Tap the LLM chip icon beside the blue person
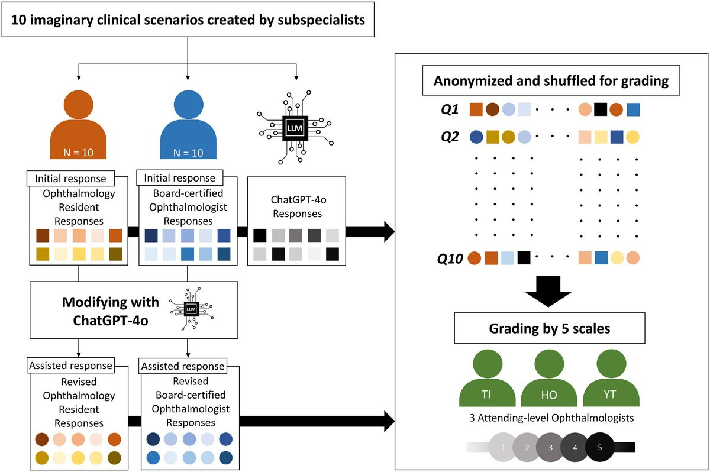coord(293,129)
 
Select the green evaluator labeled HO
coord(548,379)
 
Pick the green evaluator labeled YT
coord(611,379)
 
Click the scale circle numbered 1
coord(503,447)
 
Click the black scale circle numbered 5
coord(599,447)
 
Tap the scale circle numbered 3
coord(550,447)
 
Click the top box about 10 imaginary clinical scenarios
coord(188,22)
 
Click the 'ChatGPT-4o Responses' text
coord(295,206)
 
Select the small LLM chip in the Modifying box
coord(191,309)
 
